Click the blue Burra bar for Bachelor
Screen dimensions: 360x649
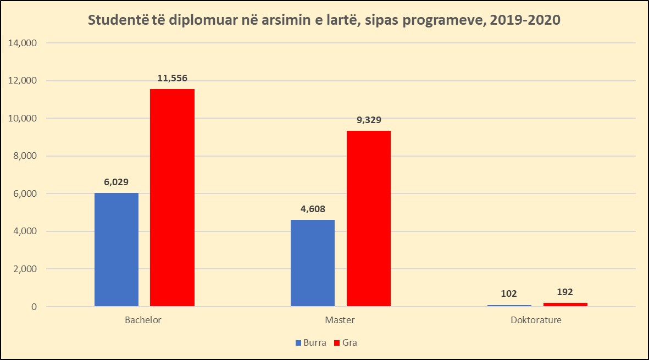click(117, 250)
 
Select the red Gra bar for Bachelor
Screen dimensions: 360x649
click(172, 197)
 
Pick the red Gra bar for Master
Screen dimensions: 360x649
click(368, 218)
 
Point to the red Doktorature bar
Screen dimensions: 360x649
click(565, 304)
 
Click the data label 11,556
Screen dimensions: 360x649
click(172, 78)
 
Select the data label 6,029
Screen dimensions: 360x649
click(117, 182)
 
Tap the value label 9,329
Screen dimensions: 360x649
click(368, 120)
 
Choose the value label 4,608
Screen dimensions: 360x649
click(313, 209)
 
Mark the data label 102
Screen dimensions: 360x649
click(509, 293)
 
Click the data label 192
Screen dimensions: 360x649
click(565, 292)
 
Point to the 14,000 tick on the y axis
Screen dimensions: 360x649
click(22, 43)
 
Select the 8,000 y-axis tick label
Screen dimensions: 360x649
click(24, 156)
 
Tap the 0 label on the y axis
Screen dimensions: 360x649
click(34, 307)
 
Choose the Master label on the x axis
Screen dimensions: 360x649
click(340, 320)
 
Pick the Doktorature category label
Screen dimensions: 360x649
click(537, 320)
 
